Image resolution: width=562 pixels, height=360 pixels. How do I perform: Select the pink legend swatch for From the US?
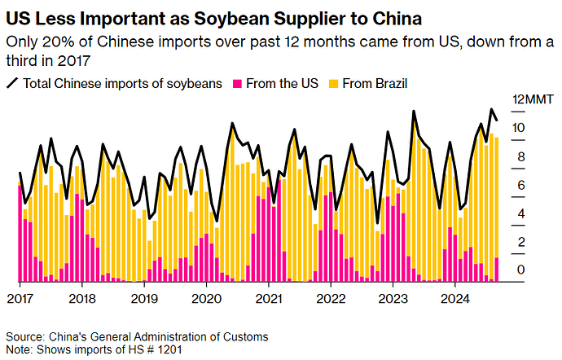(239, 83)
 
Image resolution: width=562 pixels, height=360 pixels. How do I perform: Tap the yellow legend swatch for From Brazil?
(332, 83)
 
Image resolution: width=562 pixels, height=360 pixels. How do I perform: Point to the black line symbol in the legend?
(12, 83)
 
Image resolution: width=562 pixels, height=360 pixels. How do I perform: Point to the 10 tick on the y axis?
(518, 128)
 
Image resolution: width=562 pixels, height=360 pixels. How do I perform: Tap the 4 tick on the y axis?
(521, 213)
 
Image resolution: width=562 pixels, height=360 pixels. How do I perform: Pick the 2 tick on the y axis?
(521, 242)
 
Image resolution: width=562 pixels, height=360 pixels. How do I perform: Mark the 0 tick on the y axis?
(521, 270)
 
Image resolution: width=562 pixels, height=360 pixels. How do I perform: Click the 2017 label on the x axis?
(20, 297)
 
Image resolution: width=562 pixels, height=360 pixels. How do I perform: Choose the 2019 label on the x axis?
(144, 297)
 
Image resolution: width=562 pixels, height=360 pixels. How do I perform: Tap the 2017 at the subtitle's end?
(87, 59)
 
